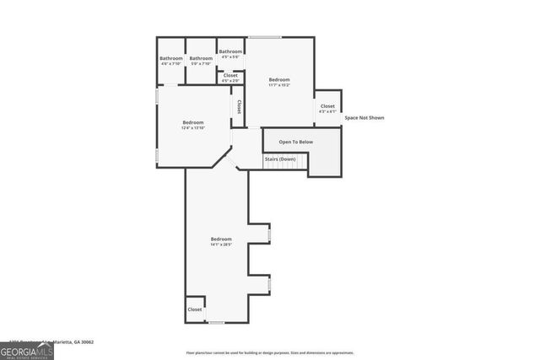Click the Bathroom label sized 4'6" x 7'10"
171,61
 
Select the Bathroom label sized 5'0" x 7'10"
201,61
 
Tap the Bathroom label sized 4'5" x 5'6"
231,53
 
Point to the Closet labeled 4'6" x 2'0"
229,78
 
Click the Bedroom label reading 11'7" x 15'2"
279,82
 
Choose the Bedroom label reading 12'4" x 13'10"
193,125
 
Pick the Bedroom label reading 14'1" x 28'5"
221,241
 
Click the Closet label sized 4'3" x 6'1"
327,108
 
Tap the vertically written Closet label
239,107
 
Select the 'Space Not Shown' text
364,118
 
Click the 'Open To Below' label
295,142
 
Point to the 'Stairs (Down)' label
280,159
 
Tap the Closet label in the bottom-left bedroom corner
195,309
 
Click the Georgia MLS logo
27,350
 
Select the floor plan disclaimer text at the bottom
270,352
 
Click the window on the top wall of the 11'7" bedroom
264,37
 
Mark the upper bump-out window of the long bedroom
270,234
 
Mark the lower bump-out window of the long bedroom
270,286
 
